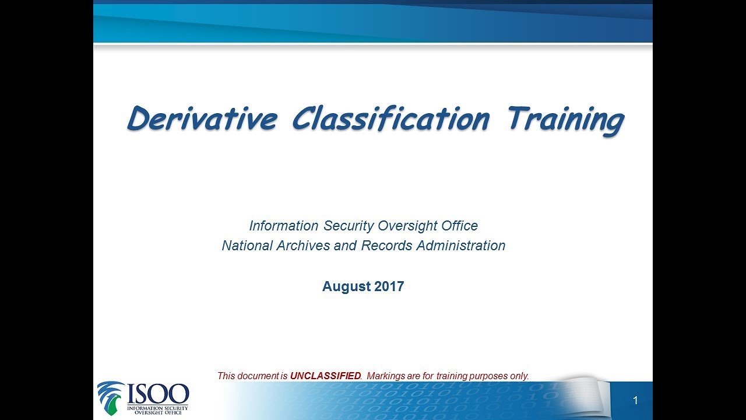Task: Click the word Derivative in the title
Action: (202, 119)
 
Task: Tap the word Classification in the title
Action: (390, 119)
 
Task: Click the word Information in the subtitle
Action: (284, 226)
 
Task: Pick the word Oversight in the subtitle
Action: (407, 226)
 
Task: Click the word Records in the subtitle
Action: (387, 246)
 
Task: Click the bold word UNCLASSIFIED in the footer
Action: (325, 376)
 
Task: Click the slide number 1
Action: (635, 400)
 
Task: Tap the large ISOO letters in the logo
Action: (158, 394)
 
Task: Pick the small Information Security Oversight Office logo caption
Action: (158, 410)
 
